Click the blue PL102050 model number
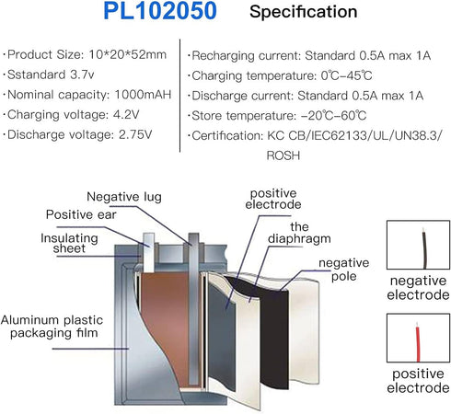(x=160, y=11)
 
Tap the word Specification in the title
(x=304, y=12)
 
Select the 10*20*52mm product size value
(x=128, y=54)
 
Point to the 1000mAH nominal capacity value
(x=143, y=95)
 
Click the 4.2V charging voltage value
(x=126, y=114)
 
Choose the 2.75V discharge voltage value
(x=135, y=134)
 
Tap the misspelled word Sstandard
(x=37, y=75)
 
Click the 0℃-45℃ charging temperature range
(x=346, y=75)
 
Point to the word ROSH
(x=283, y=155)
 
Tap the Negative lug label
(x=124, y=197)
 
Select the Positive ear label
(x=81, y=214)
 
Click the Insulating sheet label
(x=69, y=243)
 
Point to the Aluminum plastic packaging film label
(x=52, y=326)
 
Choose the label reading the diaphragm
(x=299, y=233)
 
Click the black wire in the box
(x=424, y=248)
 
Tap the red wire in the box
(x=418, y=342)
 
